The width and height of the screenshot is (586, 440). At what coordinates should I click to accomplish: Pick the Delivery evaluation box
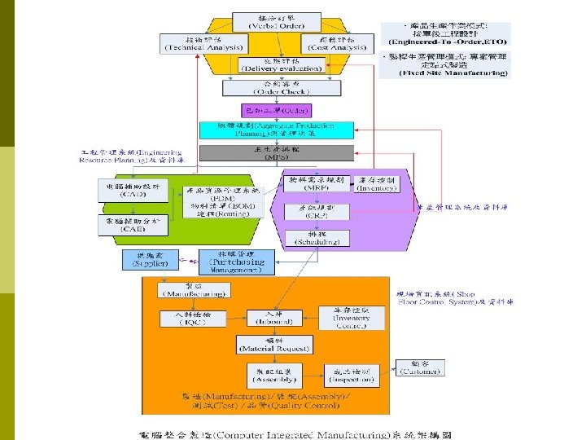tap(280, 65)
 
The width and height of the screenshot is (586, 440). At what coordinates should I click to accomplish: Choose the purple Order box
tap(266, 109)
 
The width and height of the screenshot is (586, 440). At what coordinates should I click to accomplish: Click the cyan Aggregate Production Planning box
tap(277, 130)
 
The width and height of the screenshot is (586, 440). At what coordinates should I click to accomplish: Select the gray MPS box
tap(277, 152)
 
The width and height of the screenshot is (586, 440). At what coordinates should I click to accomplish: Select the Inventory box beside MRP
tap(376, 183)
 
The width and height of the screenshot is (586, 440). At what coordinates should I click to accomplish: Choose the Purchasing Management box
tap(236, 261)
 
